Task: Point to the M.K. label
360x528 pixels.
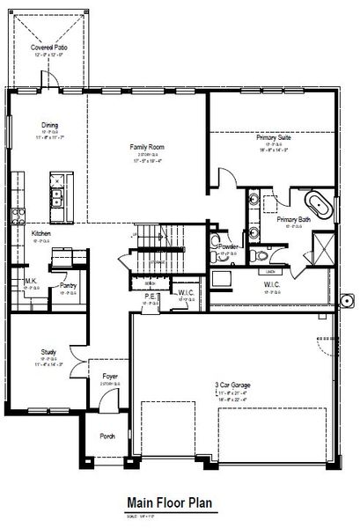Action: [30, 282]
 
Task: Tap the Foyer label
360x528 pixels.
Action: [110, 376]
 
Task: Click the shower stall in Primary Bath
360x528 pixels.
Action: [323, 246]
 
